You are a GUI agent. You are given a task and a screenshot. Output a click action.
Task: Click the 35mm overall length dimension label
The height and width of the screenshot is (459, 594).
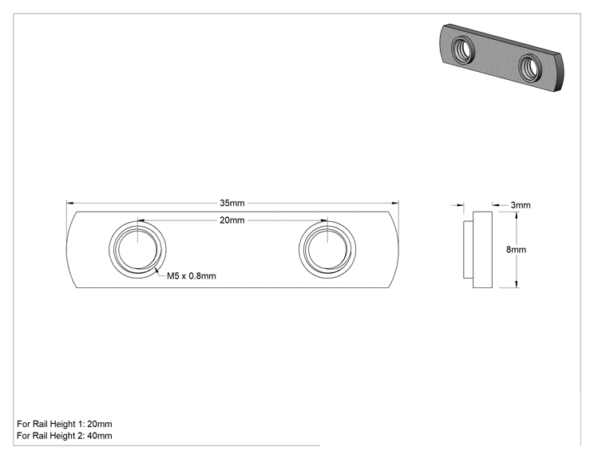click(232, 203)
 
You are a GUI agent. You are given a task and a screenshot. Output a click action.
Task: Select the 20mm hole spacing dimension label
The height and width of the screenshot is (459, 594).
click(232, 220)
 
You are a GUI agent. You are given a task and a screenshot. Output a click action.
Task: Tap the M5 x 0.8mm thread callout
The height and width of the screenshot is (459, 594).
click(192, 276)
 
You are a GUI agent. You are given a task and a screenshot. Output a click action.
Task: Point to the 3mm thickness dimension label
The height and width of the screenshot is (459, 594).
click(521, 205)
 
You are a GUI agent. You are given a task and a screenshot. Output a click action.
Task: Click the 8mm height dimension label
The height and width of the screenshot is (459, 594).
click(516, 250)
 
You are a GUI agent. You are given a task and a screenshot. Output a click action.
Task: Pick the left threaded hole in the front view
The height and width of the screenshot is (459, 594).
click(137, 250)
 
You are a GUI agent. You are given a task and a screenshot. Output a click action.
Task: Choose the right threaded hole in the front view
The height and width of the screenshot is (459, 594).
click(327, 250)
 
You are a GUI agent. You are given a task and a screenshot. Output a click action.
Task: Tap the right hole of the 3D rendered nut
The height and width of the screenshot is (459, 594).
click(529, 68)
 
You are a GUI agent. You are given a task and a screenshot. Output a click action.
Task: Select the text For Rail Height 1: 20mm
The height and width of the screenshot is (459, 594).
click(65, 424)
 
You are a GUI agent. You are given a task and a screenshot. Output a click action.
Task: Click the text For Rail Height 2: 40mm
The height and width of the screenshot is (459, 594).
click(65, 436)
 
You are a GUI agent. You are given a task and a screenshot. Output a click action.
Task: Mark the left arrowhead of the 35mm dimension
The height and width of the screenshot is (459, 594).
click(69, 204)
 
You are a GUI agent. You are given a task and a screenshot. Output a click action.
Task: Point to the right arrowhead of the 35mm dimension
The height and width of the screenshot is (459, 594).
click(395, 204)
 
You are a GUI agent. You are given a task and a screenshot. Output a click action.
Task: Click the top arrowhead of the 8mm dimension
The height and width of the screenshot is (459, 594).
click(517, 216)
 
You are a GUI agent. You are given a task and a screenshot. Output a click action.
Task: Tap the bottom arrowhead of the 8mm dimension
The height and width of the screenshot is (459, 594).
click(517, 284)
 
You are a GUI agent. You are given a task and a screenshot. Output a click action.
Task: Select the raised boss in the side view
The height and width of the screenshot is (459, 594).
click(468, 250)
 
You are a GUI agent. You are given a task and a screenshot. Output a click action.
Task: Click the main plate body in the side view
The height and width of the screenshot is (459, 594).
click(482, 250)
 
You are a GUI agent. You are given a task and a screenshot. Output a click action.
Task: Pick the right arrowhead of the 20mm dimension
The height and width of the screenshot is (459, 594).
click(324, 220)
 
